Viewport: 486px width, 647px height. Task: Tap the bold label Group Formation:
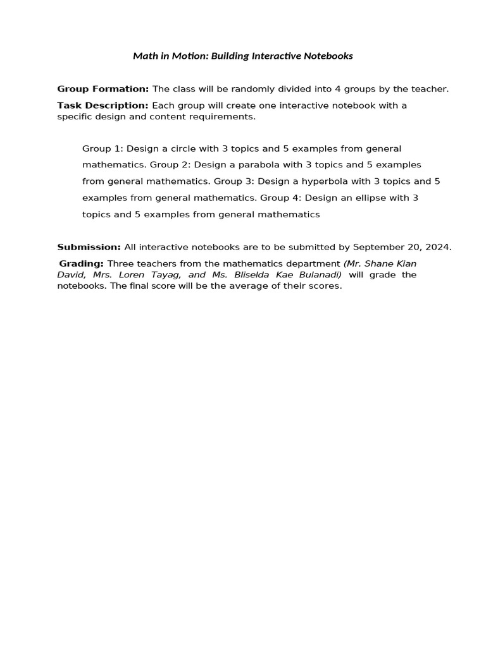click(103, 89)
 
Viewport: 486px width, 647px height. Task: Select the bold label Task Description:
click(103, 106)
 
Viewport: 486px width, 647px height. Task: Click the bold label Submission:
click(89, 247)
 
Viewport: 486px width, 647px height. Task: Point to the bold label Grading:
click(82, 263)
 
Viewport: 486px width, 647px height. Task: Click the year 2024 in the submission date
click(439, 247)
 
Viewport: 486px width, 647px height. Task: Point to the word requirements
click(224, 117)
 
